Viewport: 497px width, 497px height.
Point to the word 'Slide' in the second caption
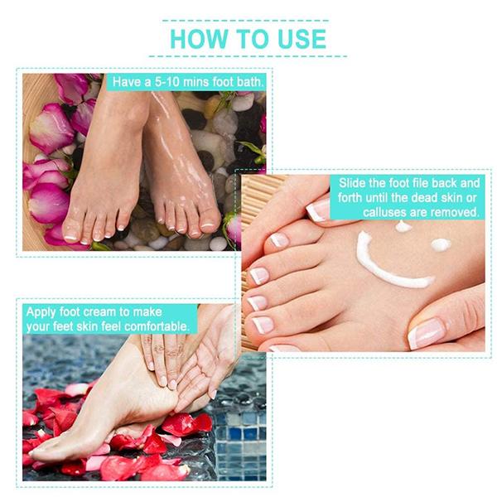[355, 182]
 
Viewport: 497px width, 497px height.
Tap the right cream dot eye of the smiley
[441, 244]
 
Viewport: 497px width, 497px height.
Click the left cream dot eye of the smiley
[403, 226]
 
